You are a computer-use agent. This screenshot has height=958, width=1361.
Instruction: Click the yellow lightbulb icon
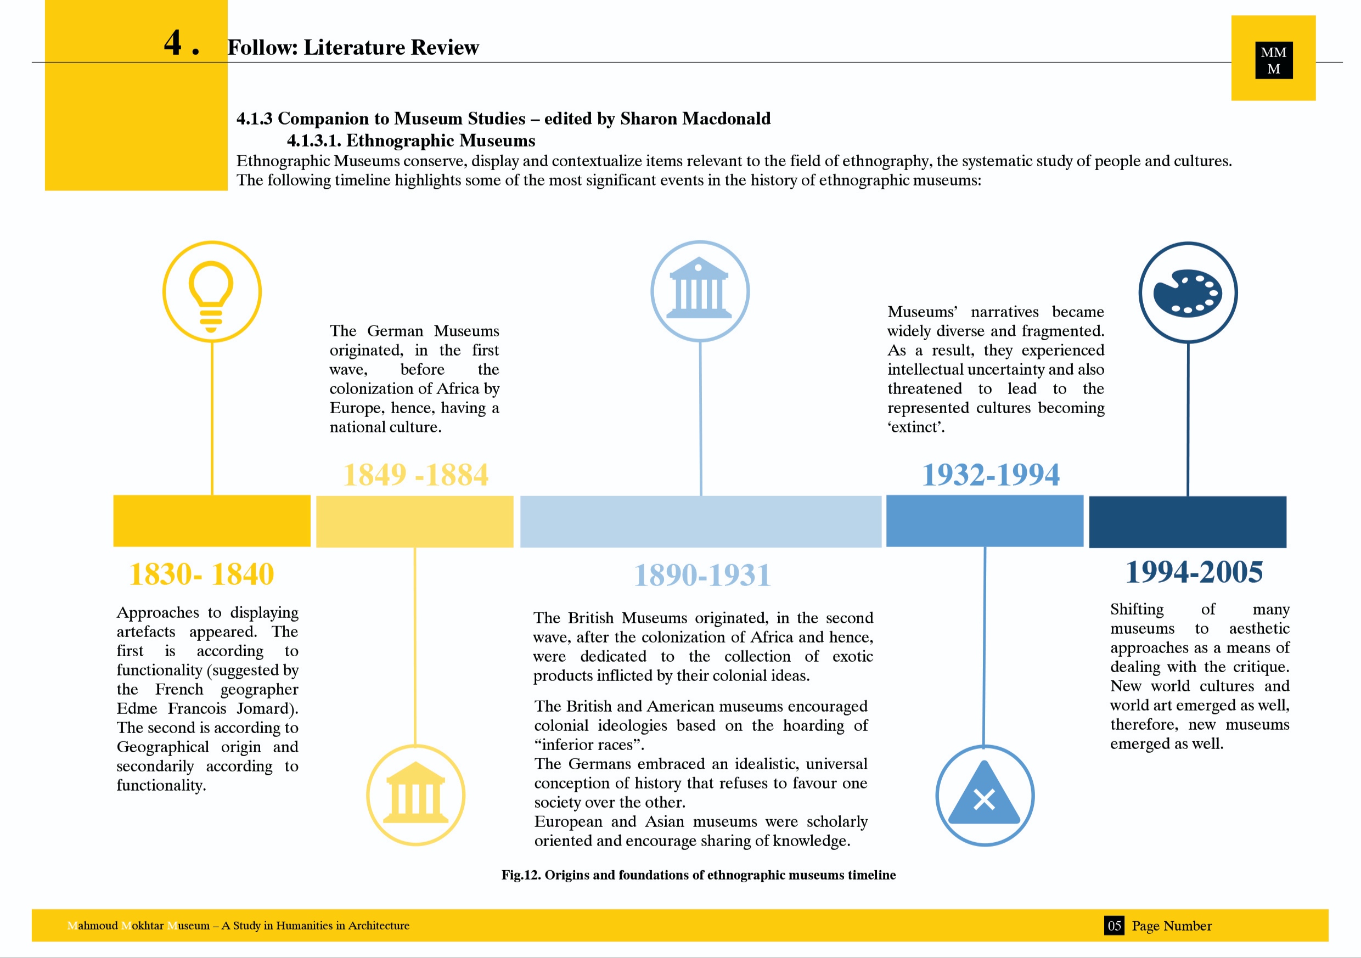click(x=212, y=292)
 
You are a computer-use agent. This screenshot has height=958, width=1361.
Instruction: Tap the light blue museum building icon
click(x=700, y=290)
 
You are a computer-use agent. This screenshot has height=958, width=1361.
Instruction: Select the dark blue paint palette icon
click(x=1188, y=292)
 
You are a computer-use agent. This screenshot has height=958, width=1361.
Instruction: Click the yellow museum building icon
click(x=415, y=794)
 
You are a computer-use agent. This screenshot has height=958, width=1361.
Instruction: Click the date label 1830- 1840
click(x=201, y=574)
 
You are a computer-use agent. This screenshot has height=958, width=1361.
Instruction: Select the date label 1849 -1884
click(x=415, y=474)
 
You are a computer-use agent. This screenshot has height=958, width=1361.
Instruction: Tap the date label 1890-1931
click(x=702, y=575)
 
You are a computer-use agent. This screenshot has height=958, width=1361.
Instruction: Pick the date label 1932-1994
click(x=991, y=474)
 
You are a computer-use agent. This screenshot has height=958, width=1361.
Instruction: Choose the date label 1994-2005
click(x=1194, y=572)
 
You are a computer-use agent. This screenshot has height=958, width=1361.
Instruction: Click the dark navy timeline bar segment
click(x=1188, y=522)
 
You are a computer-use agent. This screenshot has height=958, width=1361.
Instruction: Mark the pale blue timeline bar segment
click(x=701, y=522)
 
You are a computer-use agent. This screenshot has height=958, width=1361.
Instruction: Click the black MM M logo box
click(x=1273, y=60)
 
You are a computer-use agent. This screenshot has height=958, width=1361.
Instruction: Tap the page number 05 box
click(x=1114, y=926)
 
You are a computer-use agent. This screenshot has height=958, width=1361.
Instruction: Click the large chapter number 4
click(x=173, y=43)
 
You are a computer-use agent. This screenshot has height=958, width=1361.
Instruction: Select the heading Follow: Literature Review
click(x=353, y=47)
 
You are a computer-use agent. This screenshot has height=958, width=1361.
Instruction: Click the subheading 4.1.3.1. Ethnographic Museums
click(x=411, y=140)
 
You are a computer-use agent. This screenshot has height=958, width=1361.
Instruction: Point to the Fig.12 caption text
click(x=698, y=875)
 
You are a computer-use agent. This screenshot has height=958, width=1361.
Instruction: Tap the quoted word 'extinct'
click(x=916, y=427)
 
